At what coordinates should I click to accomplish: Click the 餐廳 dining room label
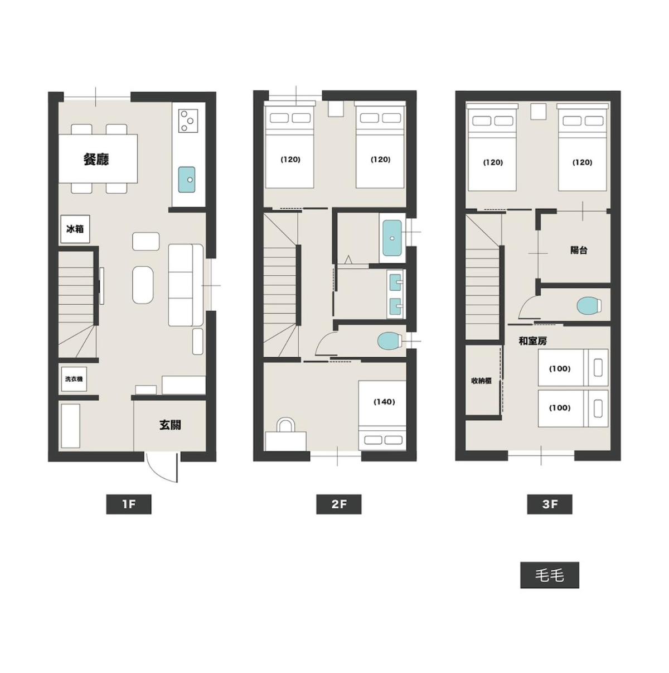click(96, 159)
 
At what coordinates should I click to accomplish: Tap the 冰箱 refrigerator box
click(75, 229)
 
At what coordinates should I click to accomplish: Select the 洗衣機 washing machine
click(74, 379)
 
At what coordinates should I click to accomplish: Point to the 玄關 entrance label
click(170, 425)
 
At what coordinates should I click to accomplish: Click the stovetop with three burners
click(188, 121)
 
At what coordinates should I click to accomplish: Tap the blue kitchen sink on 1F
click(187, 180)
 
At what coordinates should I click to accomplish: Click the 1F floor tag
click(128, 504)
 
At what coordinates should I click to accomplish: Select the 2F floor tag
click(338, 504)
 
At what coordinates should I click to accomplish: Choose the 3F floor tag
click(549, 504)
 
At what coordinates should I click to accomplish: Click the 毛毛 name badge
click(549, 575)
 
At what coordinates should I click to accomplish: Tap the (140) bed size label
click(384, 402)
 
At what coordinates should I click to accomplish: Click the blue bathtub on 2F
click(393, 238)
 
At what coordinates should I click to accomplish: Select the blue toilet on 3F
click(589, 306)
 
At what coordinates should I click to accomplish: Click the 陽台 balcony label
click(579, 250)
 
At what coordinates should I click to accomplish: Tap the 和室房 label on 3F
click(532, 341)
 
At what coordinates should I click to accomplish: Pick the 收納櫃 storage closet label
click(481, 381)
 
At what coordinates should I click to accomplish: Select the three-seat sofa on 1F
click(186, 285)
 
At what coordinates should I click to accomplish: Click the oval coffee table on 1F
click(143, 285)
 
